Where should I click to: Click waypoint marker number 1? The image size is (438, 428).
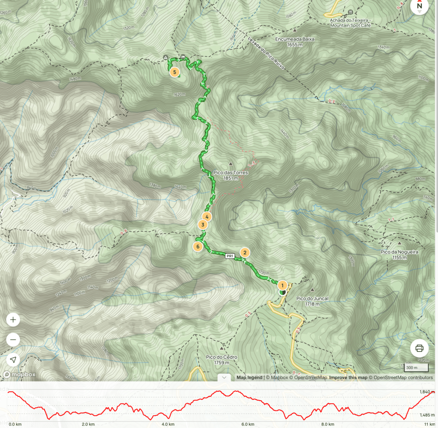[x=282, y=285]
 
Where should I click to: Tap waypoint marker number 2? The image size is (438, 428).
[x=245, y=253]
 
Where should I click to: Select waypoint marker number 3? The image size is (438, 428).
[x=203, y=225]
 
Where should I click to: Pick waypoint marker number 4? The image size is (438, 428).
[x=207, y=217]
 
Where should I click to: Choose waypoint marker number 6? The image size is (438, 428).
[x=198, y=247]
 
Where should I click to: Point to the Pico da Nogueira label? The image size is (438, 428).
[x=399, y=255]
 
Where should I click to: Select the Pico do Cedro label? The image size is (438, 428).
[x=222, y=360]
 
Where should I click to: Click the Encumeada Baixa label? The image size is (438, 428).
[x=295, y=42]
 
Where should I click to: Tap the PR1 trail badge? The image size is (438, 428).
[x=230, y=256]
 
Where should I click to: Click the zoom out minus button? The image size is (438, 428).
[x=13, y=340]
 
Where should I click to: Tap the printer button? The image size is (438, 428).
[x=419, y=348]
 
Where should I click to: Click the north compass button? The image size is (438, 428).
[x=420, y=6]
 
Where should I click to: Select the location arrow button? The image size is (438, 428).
[x=13, y=360]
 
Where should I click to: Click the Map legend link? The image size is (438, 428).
[x=250, y=377]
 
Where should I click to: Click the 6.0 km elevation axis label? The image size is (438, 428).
[x=247, y=424]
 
